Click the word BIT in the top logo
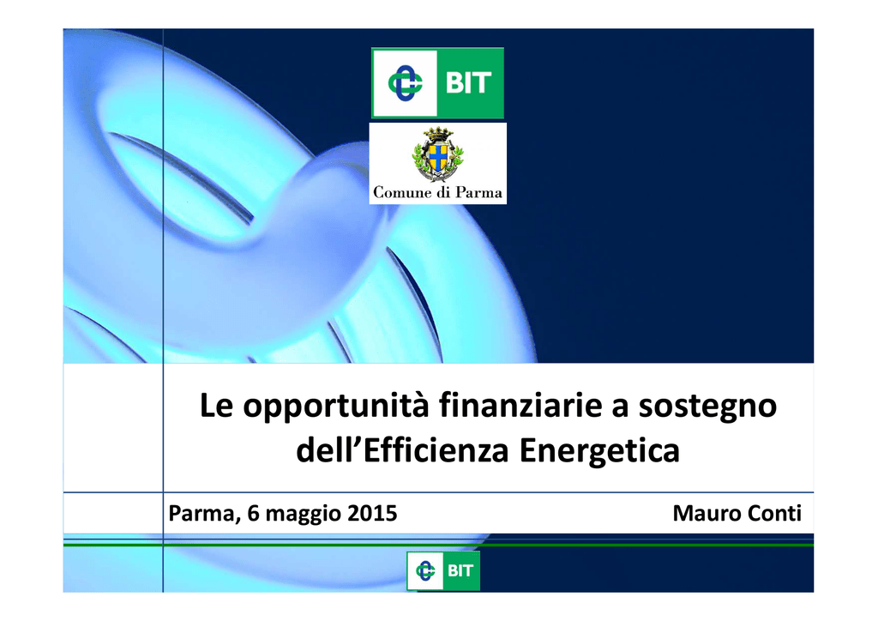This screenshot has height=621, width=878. click(x=468, y=83)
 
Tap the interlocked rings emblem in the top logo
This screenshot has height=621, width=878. click(x=405, y=83)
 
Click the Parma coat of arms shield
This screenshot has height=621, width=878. click(x=438, y=158)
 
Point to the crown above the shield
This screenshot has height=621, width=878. click(x=438, y=134)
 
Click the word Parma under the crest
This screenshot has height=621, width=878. click(x=478, y=193)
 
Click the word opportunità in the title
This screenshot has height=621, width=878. click(x=335, y=407)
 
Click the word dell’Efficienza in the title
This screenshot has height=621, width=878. click(x=402, y=450)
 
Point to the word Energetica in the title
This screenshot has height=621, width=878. click(x=599, y=451)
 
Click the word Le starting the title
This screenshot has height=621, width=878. click(x=216, y=405)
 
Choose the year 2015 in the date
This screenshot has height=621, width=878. click(x=372, y=513)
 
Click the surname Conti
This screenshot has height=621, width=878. click(x=773, y=513)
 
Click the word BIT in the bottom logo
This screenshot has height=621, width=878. click(x=460, y=570)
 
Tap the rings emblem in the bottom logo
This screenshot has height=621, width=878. click(x=425, y=570)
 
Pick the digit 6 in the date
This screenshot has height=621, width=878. click(x=254, y=513)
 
